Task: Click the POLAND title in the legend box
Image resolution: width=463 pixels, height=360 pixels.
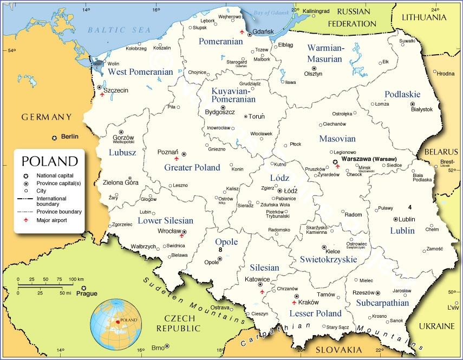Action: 49,161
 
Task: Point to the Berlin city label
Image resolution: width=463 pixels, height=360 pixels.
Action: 70,138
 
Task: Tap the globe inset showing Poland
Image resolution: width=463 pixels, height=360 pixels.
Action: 115,323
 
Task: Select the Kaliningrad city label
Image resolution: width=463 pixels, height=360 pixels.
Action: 316,11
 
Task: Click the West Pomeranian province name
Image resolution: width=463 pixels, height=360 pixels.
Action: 140,71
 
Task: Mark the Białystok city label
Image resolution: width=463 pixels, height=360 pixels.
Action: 422,109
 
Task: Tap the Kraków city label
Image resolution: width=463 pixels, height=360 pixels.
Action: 309,302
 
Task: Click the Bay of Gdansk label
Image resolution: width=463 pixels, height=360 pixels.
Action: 269,13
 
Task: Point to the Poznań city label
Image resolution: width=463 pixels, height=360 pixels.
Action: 167,152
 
